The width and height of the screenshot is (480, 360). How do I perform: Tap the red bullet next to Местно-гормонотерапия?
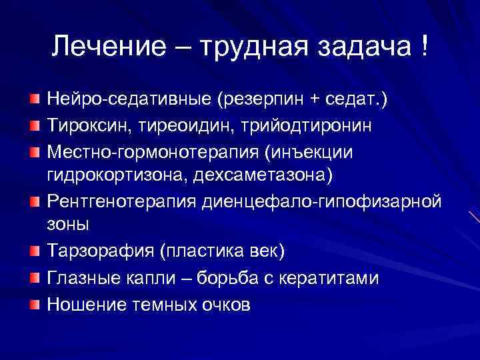click(x=34, y=152)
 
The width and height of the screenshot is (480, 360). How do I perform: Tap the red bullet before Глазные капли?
click(x=34, y=278)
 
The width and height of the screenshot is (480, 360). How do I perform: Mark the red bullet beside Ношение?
click(x=34, y=304)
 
